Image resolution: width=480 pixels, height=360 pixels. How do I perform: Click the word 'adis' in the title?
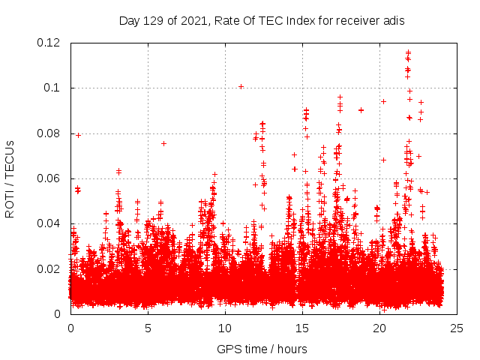394,21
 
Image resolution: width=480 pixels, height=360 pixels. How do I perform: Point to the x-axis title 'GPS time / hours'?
262,349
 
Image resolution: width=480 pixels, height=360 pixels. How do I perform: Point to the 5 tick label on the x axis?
148,328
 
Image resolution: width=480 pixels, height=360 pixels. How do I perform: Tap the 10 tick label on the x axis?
225,328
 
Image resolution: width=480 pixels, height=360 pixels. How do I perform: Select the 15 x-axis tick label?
302,328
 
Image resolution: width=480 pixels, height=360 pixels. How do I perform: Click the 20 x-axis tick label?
379,328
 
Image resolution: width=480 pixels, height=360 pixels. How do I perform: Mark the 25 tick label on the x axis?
457,328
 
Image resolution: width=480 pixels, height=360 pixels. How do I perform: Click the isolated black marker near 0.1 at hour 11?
241,86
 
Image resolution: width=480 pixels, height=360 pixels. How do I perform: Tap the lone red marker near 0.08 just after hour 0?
78,135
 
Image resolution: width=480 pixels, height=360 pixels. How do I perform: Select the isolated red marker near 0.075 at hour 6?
163,143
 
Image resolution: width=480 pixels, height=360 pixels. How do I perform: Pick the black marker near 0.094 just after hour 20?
383,101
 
